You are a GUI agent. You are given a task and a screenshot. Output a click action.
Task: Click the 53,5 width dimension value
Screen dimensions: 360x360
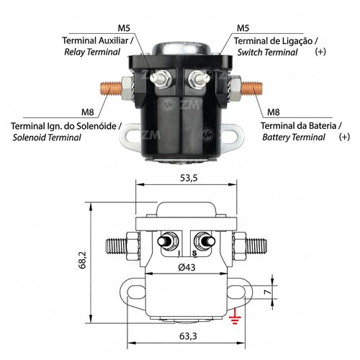click(x=189, y=178)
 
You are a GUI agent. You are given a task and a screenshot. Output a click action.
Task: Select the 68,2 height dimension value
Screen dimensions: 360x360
click(x=83, y=260)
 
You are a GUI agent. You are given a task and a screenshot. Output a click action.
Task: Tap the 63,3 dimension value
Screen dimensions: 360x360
click(x=188, y=336)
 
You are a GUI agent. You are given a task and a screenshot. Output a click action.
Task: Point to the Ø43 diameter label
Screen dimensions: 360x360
click(x=187, y=267)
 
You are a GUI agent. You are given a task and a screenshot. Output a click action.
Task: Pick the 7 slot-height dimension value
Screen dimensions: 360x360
click(x=267, y=292)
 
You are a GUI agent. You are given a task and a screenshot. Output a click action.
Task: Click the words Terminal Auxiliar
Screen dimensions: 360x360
click(x=95, y=40)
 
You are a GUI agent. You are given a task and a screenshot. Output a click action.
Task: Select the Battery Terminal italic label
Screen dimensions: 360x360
click(x=294, y=137)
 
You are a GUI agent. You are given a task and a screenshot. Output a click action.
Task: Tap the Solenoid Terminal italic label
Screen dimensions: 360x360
click(x=47, y=138)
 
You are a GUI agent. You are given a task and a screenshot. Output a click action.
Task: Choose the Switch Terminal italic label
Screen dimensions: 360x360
click(x=267, y=52)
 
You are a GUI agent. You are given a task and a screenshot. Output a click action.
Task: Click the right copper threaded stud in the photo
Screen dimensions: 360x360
click(x=252, y=88)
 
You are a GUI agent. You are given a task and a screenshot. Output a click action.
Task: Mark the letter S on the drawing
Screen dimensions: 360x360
click(x=194, y=253)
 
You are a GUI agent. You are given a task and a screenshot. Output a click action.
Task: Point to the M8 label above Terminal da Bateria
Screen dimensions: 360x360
click(x=274, y=112)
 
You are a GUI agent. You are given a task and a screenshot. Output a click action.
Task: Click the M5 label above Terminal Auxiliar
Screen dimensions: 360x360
click(x=124, y=28)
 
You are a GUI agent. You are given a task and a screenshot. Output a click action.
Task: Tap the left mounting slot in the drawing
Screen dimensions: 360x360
click(x=136, y=292)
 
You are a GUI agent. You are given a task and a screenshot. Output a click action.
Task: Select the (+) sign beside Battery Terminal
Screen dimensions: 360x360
click(x=344, y=137)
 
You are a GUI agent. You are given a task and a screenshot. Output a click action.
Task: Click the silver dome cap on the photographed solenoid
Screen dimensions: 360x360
click(x=182, y=48)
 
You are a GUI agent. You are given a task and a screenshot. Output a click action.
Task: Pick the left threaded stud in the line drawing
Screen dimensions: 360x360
click(x=116, y=246)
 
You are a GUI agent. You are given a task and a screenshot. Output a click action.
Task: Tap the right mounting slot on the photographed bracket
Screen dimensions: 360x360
click(x=231, y=135)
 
